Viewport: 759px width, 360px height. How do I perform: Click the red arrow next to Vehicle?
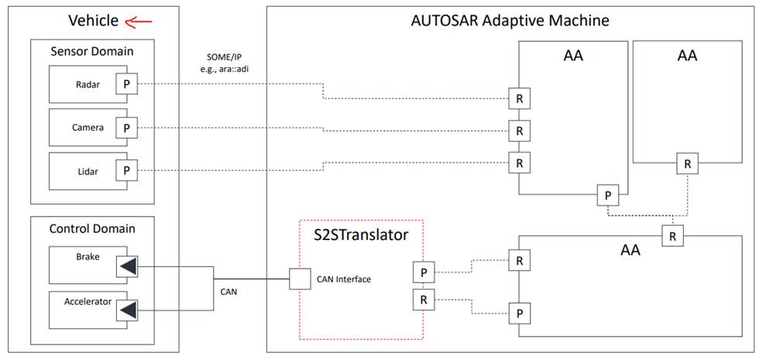point(139,21)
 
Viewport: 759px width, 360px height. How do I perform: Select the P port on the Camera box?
point(125,127)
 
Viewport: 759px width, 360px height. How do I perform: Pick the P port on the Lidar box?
point(125,170)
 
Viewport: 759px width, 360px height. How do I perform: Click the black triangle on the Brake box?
point(126,267)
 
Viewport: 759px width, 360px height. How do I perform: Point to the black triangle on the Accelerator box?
point(126,310)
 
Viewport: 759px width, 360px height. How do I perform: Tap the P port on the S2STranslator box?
point(422,272)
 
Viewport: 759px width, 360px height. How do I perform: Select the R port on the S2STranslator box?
point(422,300)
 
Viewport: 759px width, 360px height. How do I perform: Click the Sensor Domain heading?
point(91,52)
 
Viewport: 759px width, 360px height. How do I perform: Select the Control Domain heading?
point(91,228)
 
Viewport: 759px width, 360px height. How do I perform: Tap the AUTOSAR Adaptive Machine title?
point(510,20)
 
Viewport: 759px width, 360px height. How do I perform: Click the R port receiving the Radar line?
point(519,100)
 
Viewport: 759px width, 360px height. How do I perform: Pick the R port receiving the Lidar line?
point(519,163)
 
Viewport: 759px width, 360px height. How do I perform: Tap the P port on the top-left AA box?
point(608,195)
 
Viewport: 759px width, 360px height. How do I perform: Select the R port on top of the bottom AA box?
point(673,235)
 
